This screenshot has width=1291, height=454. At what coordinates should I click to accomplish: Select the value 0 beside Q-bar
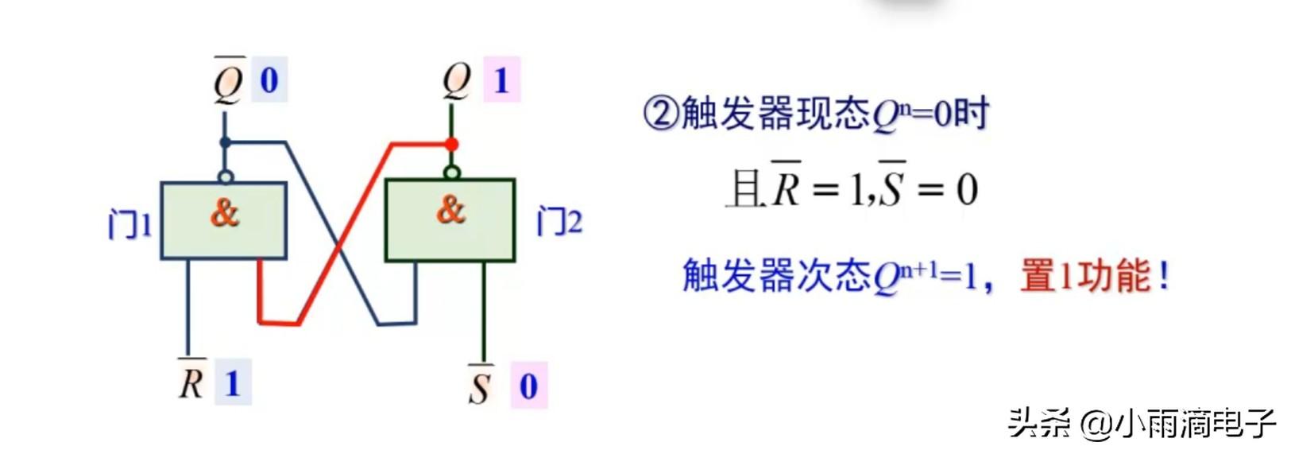[269, 80]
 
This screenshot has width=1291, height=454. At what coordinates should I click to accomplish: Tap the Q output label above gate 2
[457, 80]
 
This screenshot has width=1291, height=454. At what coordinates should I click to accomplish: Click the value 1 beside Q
[501, 80]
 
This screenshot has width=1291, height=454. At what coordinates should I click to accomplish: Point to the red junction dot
[451, 144]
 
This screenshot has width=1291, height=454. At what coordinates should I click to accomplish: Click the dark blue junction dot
[225, 142]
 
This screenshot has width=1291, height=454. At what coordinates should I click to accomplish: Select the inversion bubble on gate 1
[226, 176]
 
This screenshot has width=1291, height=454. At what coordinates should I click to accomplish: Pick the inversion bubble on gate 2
[451, 173]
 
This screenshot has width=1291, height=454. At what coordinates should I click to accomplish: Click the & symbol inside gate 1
[225, 213]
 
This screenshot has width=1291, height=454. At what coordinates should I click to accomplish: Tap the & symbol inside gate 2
[450, 210]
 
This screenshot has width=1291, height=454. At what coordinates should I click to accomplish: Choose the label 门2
[559, 221]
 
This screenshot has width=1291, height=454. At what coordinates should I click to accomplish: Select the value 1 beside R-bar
[233, 383]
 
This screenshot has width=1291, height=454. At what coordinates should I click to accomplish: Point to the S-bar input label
[480, 386]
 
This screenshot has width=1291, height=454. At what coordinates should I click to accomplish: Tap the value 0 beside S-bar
[528, 386]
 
